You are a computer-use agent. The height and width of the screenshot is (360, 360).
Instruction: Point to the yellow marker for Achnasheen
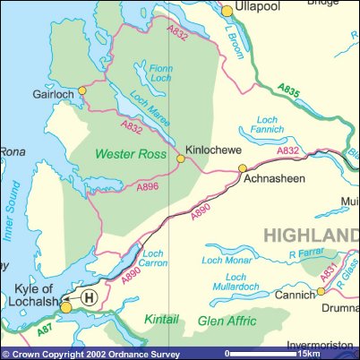[242, 167]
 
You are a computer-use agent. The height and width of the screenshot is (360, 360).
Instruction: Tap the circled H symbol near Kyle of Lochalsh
[88, 296]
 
